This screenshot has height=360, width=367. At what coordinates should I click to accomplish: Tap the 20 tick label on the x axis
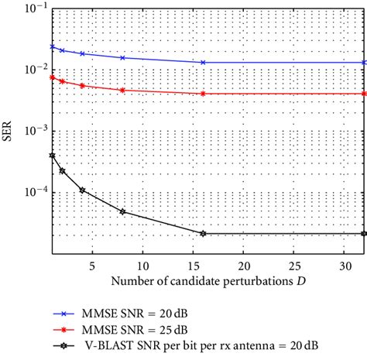[x=244, y=264]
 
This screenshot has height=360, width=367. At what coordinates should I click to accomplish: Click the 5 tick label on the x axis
[x=93, y=264]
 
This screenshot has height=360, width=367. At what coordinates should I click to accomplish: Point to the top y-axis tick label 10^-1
[x=33, y=9]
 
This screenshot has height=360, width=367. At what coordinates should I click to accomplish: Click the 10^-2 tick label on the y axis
[x=33, y=70]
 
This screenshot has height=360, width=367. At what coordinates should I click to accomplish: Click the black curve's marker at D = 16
[x=203, y=233]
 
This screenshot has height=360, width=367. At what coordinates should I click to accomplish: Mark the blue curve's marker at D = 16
[x=203, y=62]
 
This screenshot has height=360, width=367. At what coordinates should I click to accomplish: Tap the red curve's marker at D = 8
[x=122, y=90]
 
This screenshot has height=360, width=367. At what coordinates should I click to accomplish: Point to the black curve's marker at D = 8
[x=122, y=211]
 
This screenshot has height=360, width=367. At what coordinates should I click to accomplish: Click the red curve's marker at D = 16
[x=203, y=94]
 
